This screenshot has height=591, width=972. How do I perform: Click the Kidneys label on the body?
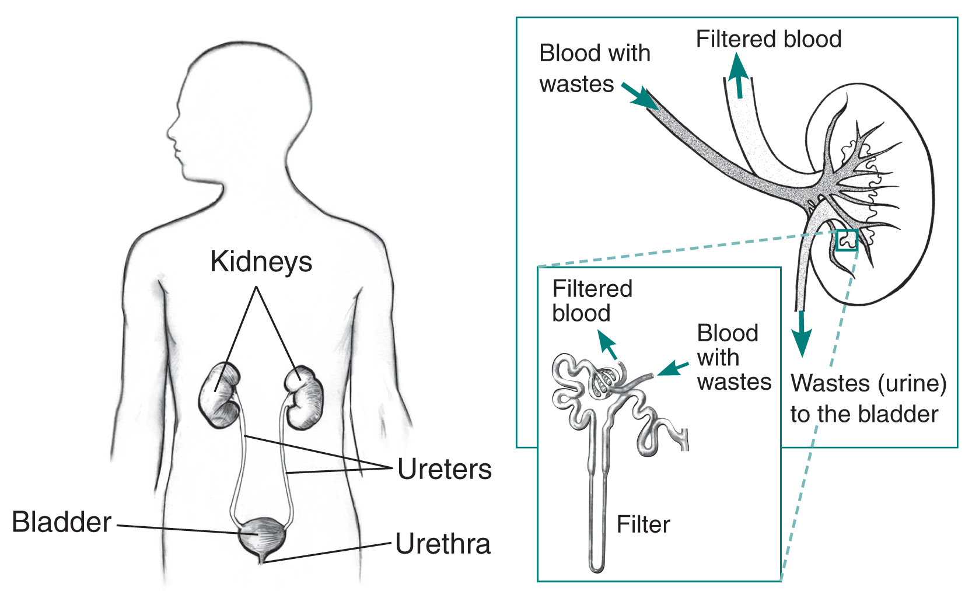261,262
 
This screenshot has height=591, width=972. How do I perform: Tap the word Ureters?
444,470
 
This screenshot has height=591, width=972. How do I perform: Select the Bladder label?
62,522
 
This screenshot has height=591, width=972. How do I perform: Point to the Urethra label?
443,544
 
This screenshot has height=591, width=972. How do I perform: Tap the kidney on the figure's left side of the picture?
220,396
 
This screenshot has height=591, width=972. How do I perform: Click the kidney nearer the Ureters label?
303,397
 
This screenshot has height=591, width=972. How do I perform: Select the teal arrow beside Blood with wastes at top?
640,97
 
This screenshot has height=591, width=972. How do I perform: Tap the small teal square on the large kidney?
847,240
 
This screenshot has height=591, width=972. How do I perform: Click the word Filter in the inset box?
643,524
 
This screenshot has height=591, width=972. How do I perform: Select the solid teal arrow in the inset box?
673,369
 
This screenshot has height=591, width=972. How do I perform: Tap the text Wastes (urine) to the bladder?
868,398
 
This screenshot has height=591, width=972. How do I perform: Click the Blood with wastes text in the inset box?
733,358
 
